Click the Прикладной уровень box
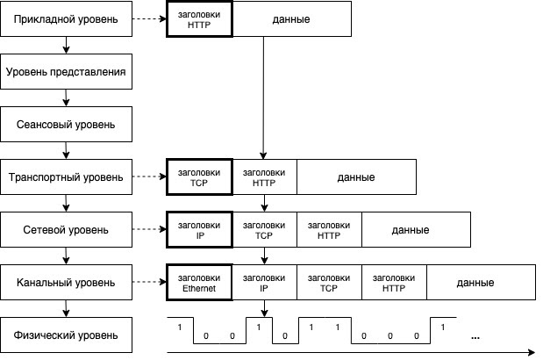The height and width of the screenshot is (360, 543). click(x=67, y=19)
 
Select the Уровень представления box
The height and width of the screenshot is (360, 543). click(x=67, y=72)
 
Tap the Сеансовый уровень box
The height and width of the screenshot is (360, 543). click(x=67, y=125)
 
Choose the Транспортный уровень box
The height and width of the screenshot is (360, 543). click(x=67, y=176)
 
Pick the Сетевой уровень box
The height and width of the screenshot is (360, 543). click(x=67, y=230)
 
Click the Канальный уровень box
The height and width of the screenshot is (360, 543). click(x=67, y=283)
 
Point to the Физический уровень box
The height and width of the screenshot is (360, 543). click(x=67, y=335)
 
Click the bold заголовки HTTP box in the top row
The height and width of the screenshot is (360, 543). click(x=199, y=19)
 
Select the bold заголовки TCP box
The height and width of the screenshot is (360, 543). click(x=199, y=176)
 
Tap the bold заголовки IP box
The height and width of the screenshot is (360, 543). click(x=199, y=230)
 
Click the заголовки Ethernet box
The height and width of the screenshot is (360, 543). click(x=199, y=283)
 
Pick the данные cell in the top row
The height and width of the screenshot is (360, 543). click(x=292, y=19)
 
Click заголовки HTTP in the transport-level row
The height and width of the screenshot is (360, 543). click(x=264, y=176)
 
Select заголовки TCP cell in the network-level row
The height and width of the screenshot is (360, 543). click(x=264, y=230)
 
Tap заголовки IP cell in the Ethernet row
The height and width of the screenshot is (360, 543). click(x=264, y=283)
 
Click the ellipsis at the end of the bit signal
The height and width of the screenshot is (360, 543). click(x=475, y=336)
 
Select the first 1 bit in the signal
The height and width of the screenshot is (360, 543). click(x=179, y=328)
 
